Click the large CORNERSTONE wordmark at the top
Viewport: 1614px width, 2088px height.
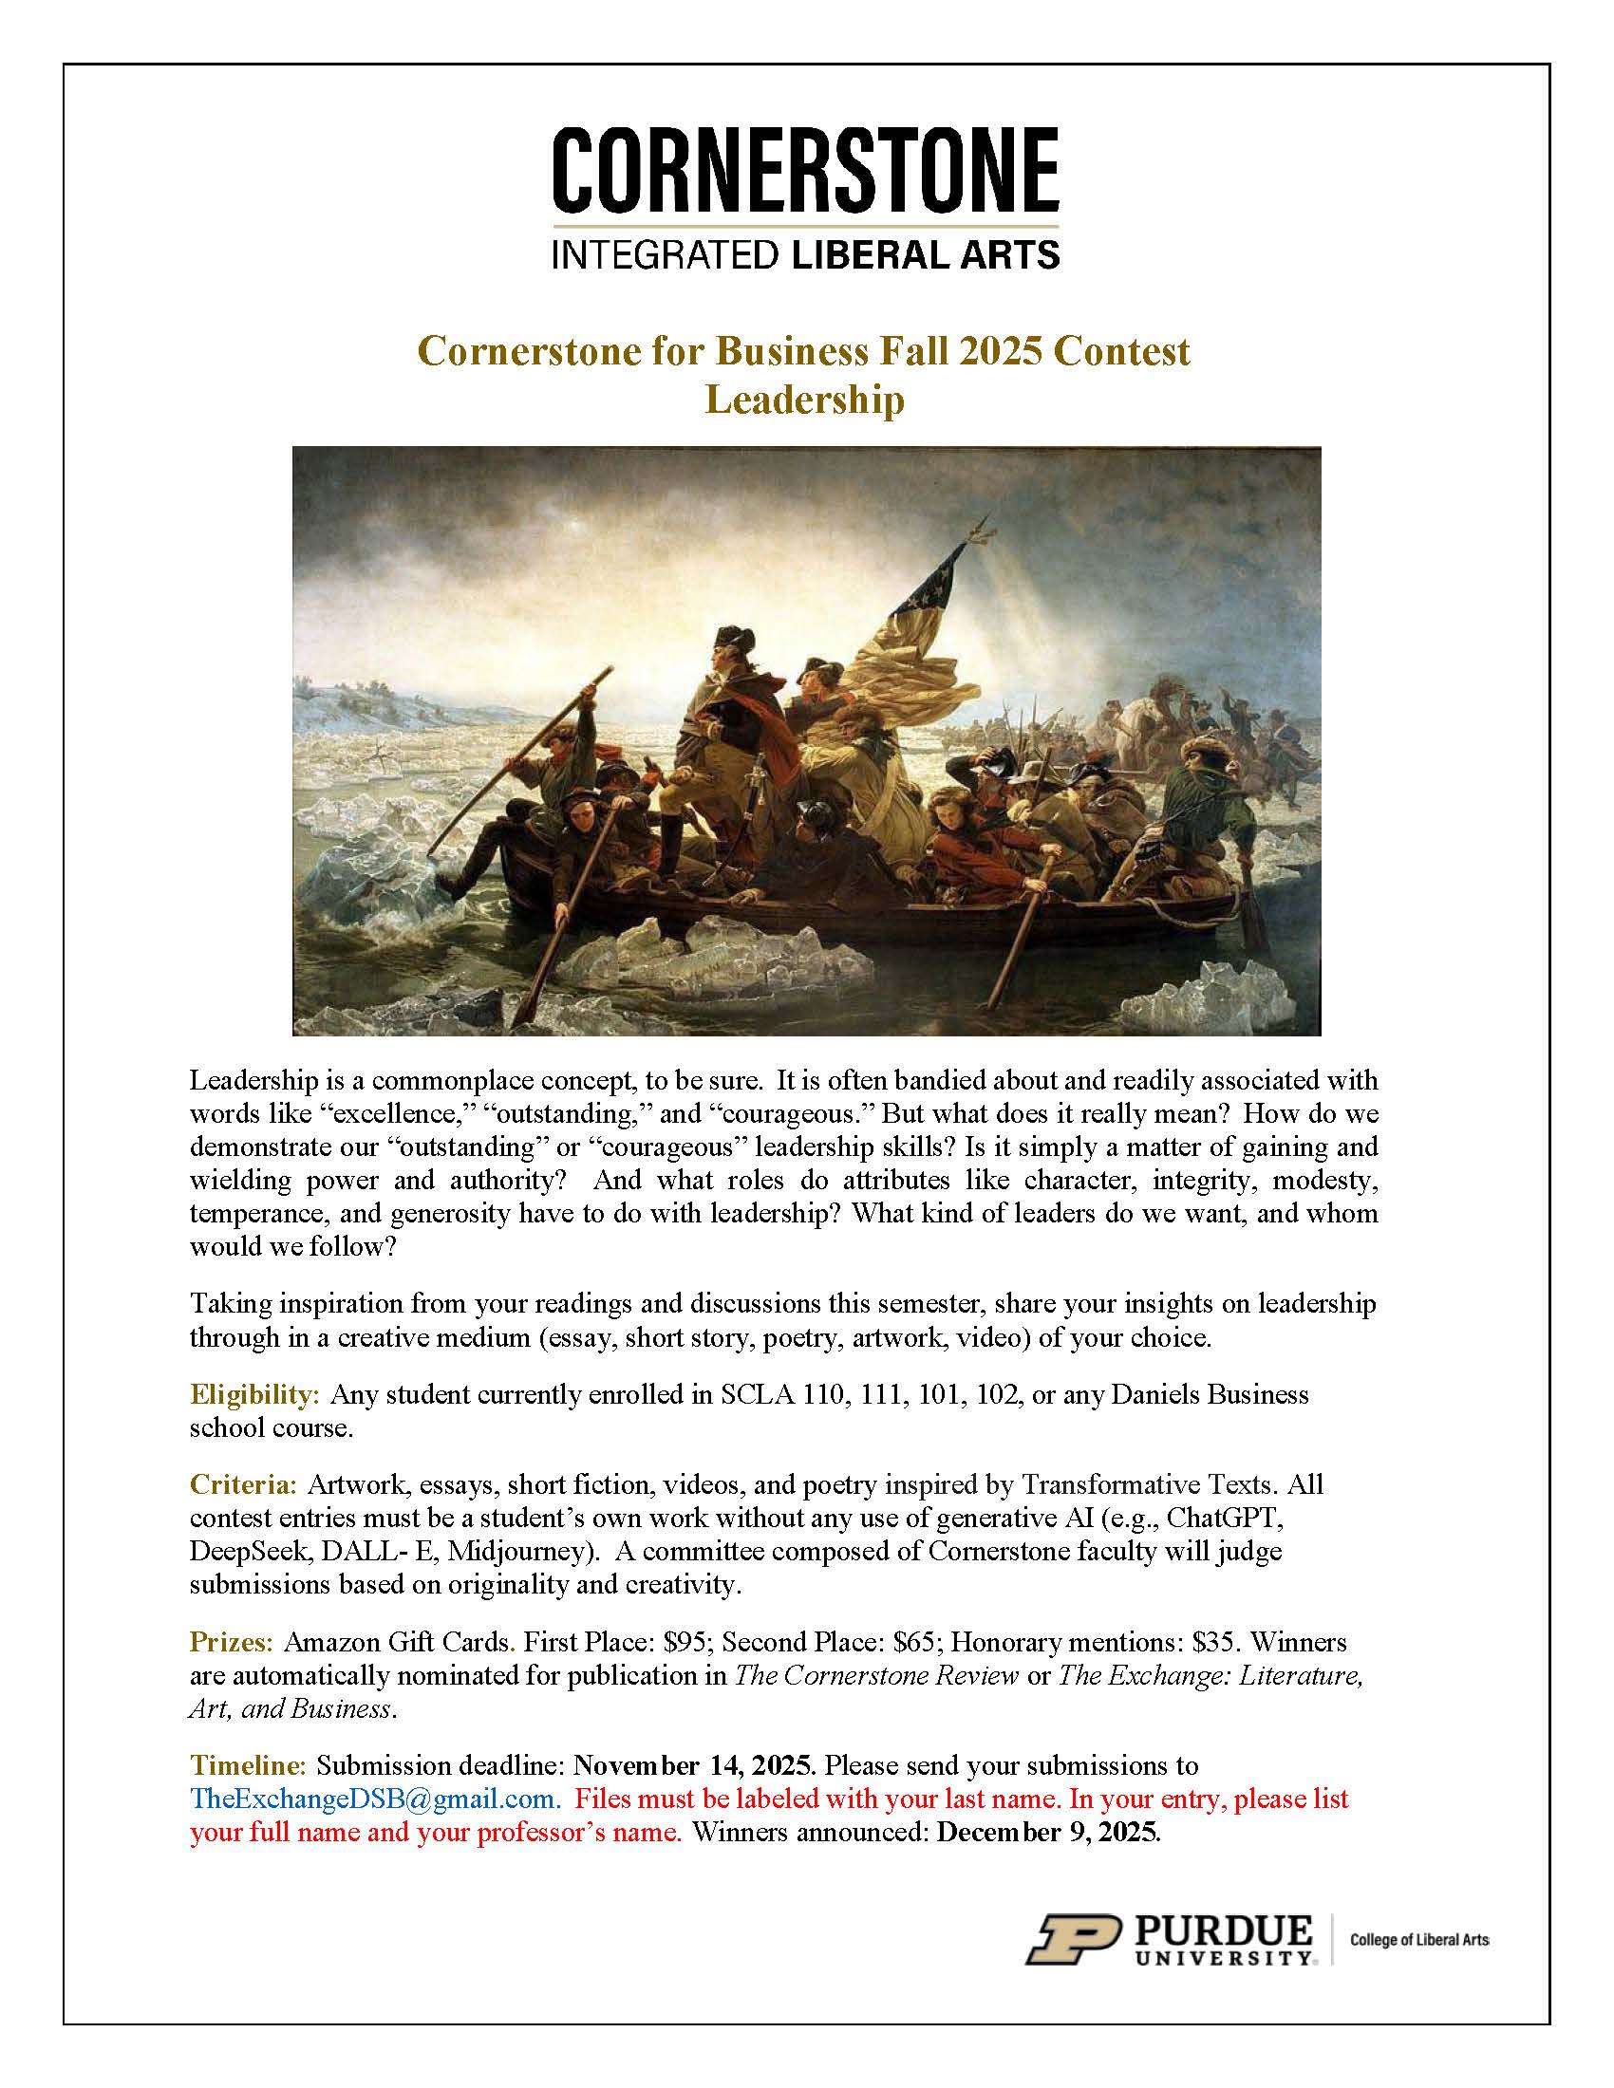[x=805, y=171]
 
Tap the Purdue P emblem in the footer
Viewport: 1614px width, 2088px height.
[x=1073, y=1937]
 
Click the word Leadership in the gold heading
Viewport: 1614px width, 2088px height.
[x=804, y=400]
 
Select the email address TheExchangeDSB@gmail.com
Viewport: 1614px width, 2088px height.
[x=374, y=1799]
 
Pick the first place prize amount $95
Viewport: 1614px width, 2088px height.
[x=687, y=1643]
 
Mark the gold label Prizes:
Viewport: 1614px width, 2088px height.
[x=233, y=1643]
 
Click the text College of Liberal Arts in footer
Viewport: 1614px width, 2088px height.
[x=1419, y=1940]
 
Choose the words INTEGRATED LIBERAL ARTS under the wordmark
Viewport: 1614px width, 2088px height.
[x=805, y=254]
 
